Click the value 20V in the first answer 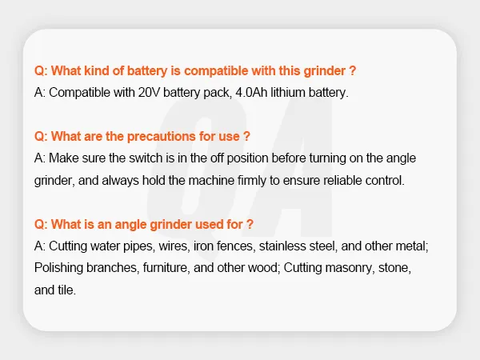(x=149, y=93)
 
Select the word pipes (x=139, y=246)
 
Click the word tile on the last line (x=66, y=290)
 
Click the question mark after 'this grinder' (x=352, y=70)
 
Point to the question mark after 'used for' (x=250, y=224)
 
